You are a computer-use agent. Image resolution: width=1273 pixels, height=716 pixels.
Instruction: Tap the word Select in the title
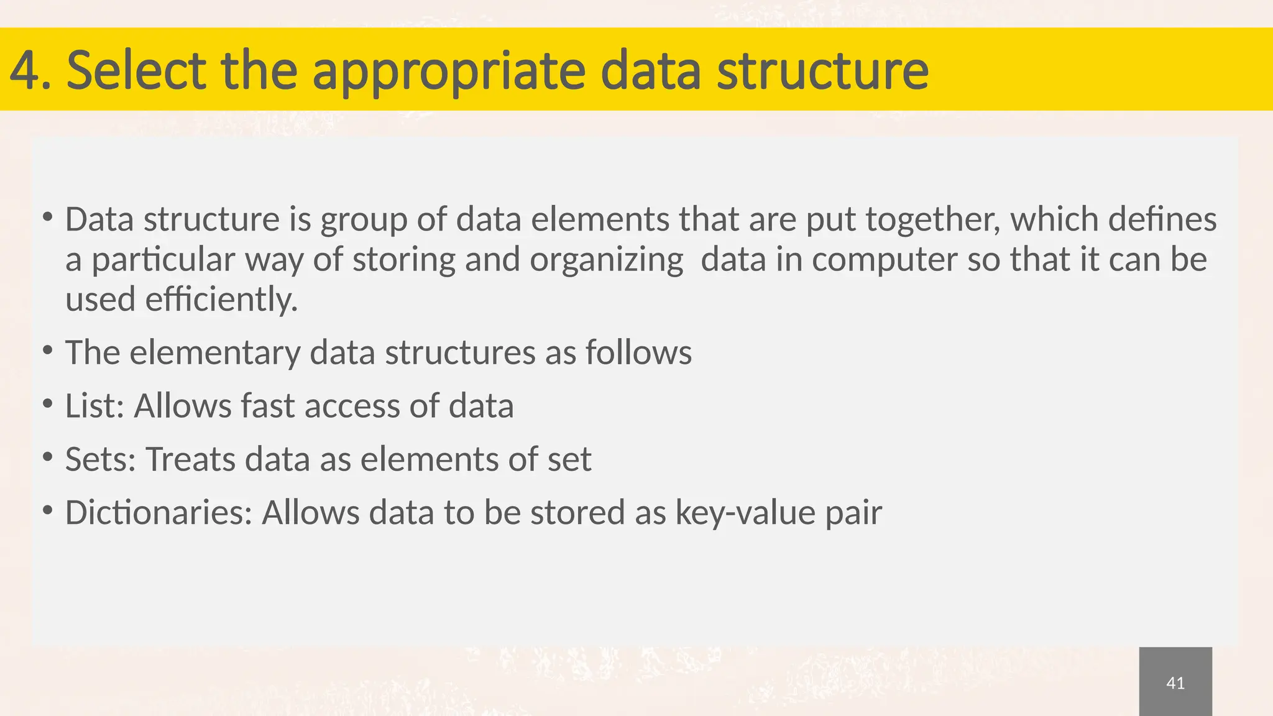click(136, 71)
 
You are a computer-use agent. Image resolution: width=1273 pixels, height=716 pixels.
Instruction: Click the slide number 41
click(1175, 683)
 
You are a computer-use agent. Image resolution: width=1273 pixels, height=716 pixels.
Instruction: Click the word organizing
click(606, 260)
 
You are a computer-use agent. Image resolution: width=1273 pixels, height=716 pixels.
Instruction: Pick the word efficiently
click(221, 300)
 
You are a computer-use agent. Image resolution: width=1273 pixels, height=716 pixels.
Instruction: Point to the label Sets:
click(100, 459)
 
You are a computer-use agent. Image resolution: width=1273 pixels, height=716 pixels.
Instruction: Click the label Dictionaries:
click(159, 513)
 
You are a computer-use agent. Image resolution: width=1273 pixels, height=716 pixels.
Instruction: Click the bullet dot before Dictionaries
click(48, 511)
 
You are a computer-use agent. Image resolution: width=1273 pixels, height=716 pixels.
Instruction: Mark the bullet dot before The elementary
click(48, 351)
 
